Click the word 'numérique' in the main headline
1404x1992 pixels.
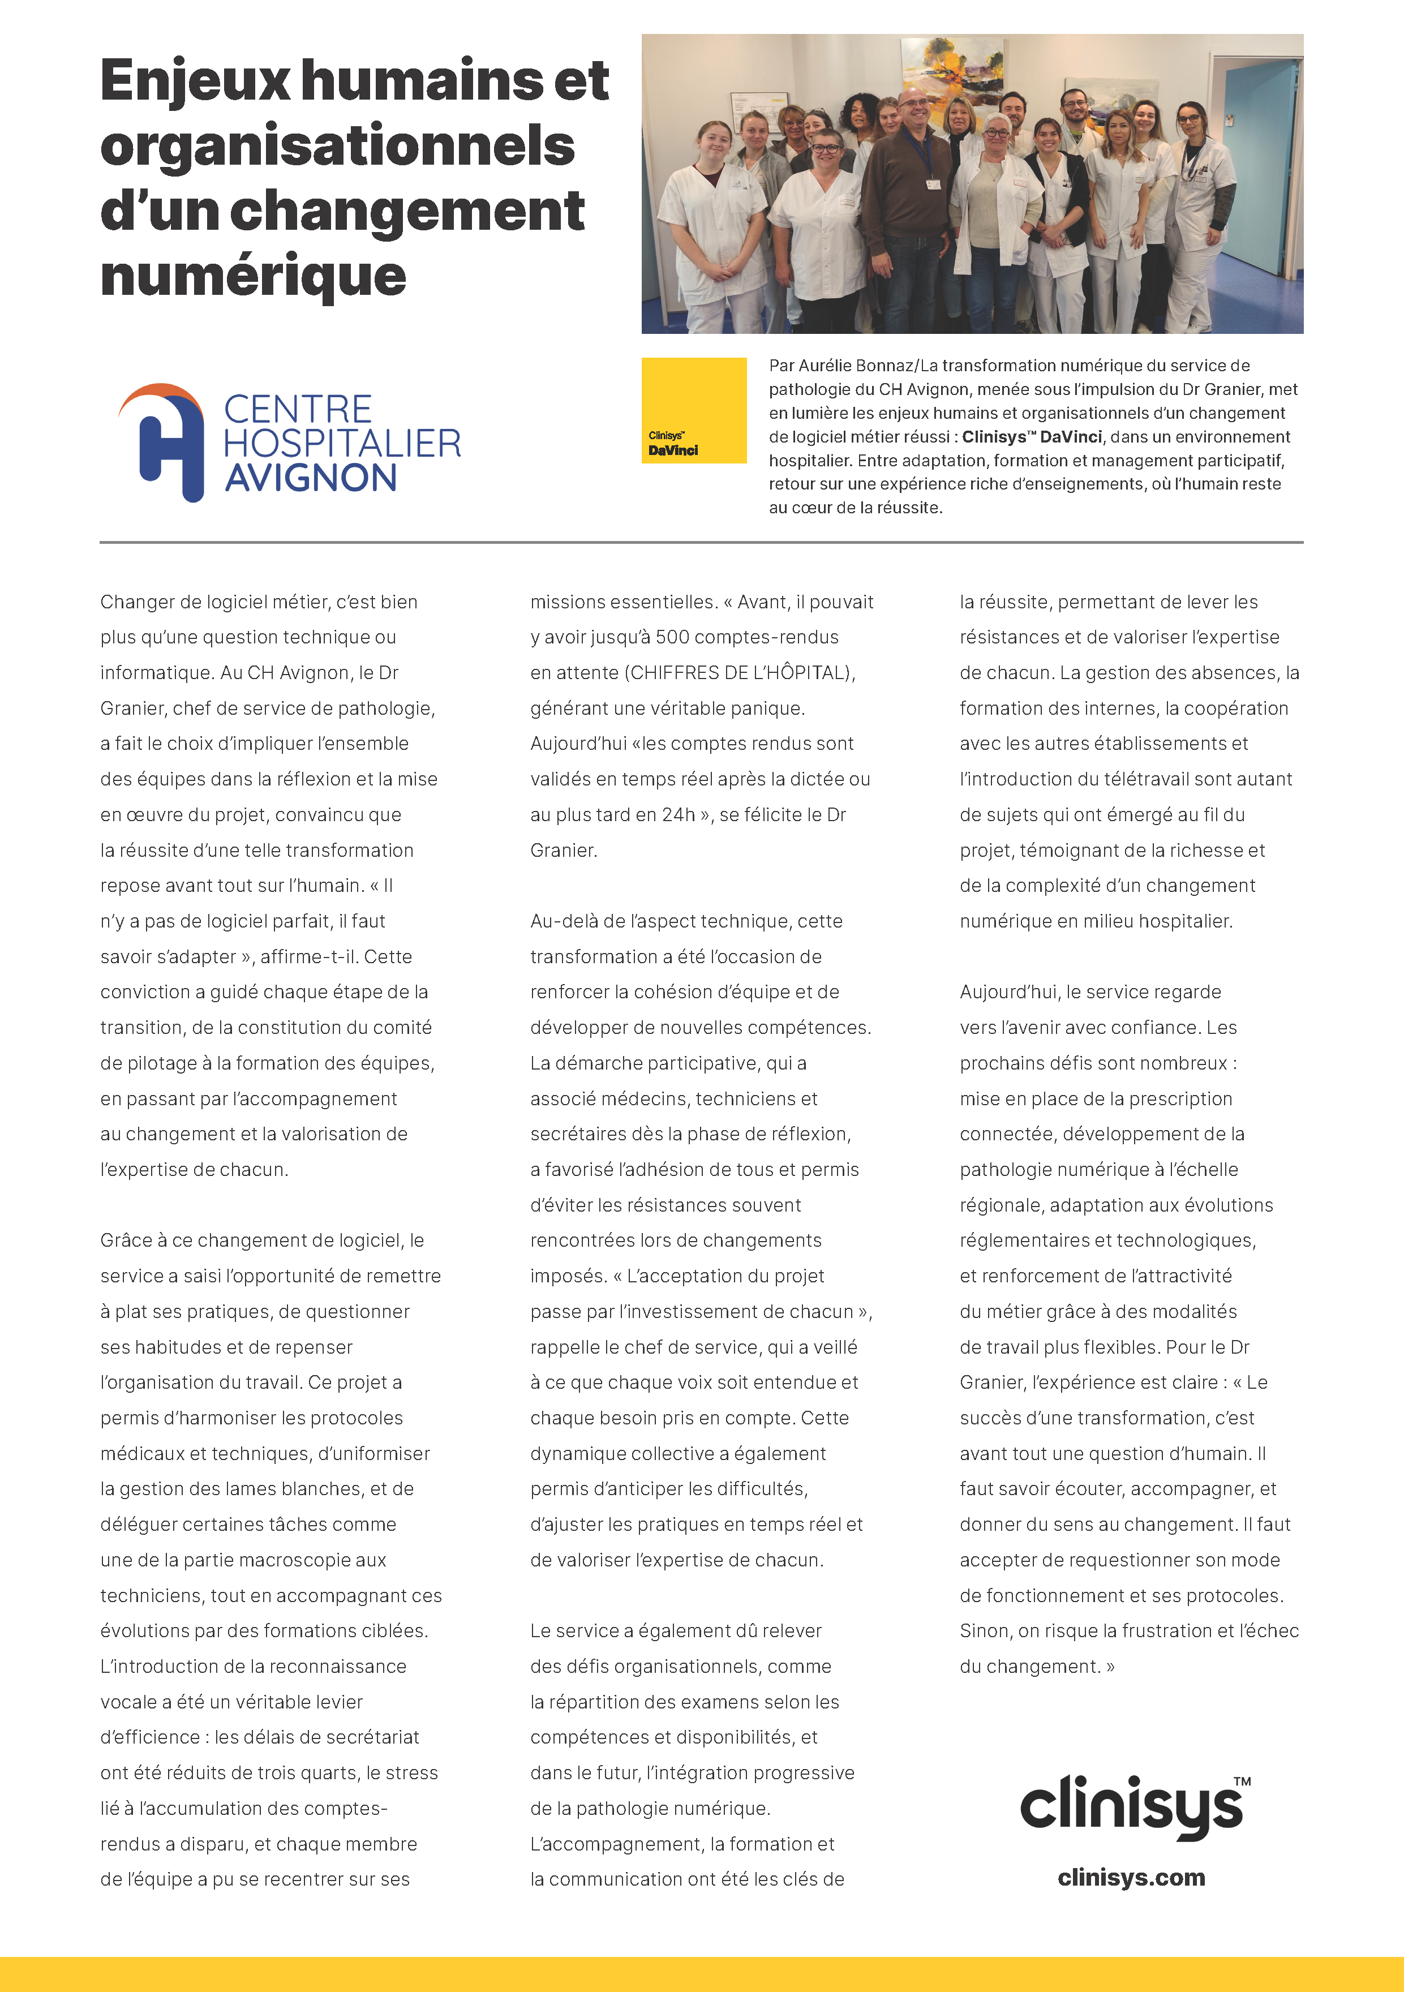coord(254,276)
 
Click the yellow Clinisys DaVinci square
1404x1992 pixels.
coord(693,410)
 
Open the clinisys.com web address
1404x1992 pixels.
coord(1131,1878)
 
